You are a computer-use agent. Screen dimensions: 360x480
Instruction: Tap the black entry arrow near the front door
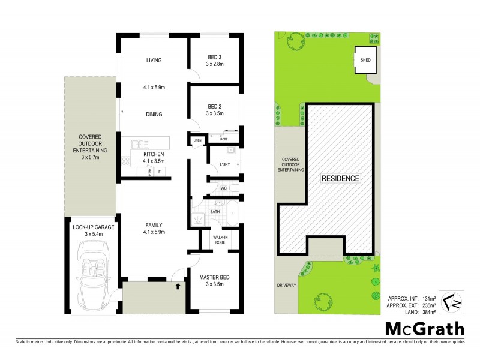click(x=178, y=287)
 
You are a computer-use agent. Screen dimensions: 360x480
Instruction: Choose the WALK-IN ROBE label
click(x=219, y=240)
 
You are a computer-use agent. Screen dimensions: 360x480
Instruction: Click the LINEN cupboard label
click(x=197, y=141)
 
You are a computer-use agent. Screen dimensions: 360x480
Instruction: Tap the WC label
click(x=223, y=188)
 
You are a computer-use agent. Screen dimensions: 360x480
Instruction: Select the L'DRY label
click(x=225, y=164)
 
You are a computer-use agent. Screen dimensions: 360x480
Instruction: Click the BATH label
click(x=214, y=212)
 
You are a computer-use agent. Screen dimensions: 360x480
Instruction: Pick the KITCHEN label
click(x=154, y=154)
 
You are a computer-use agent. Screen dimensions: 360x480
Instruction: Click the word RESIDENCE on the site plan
click(x=340, y=178)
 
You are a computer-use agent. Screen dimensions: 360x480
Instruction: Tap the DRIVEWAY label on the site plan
click(x=286, y=285)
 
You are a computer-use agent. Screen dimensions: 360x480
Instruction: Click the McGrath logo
click(x=424, y=328)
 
